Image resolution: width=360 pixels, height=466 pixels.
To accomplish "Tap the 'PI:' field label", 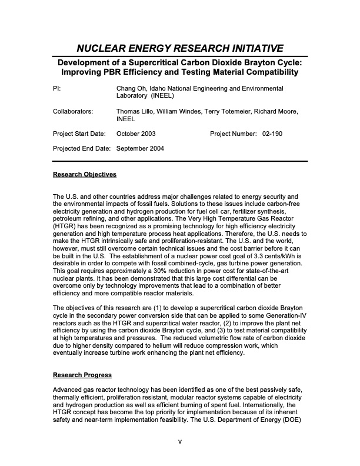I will [57, 88].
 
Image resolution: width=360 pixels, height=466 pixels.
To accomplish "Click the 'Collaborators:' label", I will [73, 111].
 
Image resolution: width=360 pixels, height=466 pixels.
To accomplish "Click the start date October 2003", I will [136, 134].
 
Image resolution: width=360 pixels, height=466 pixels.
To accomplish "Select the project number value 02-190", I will [272, 134].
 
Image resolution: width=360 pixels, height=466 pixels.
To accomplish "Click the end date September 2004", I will [140, 148].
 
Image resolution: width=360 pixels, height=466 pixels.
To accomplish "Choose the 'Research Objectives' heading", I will [85, 175].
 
